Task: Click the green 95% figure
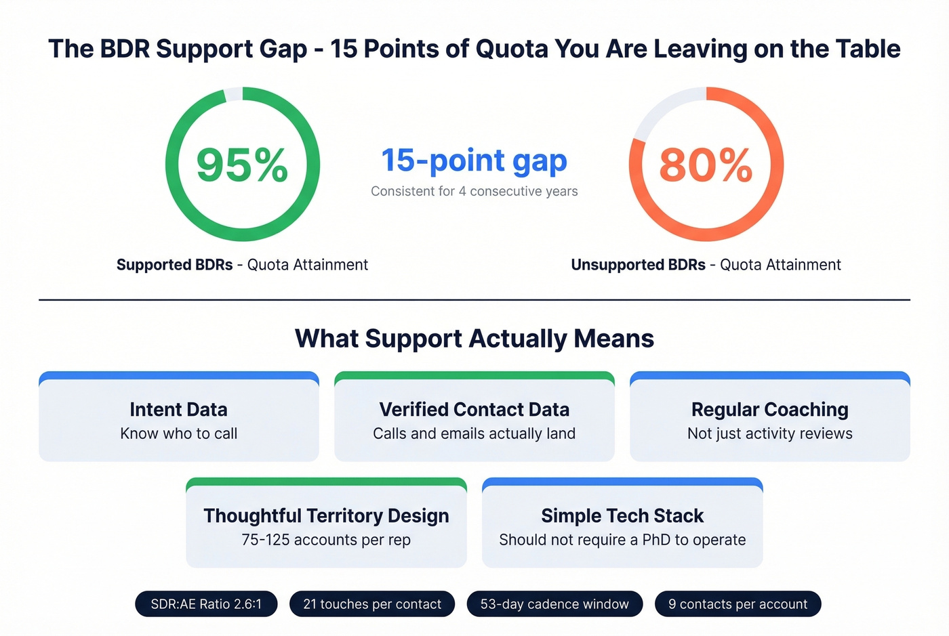242,165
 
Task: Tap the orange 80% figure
706,165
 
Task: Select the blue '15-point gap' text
474,161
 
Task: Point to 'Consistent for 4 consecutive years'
474,192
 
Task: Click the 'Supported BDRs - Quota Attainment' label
242,265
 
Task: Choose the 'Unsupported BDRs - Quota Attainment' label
706,265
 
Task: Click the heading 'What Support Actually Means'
474,339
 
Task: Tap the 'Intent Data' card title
178,410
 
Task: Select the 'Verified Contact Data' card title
474,410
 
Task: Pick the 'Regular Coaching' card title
769,410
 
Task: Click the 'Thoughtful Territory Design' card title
326,516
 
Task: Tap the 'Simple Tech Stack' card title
622,516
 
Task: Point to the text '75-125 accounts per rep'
326,540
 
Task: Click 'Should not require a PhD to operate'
622,540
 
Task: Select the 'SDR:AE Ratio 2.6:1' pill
206,604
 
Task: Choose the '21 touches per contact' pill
372,604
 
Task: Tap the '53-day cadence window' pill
554,604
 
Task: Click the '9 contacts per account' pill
738,604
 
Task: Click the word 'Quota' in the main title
514,49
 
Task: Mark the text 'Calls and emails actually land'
474,434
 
